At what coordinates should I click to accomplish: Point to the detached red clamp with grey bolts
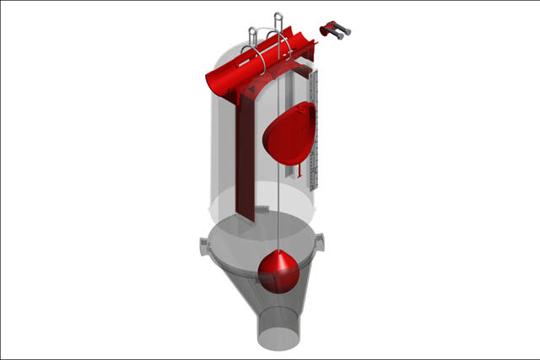coord(335,32)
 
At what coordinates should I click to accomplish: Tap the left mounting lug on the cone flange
coord(203,246)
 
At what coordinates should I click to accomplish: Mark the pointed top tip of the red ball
coord(277,251)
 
